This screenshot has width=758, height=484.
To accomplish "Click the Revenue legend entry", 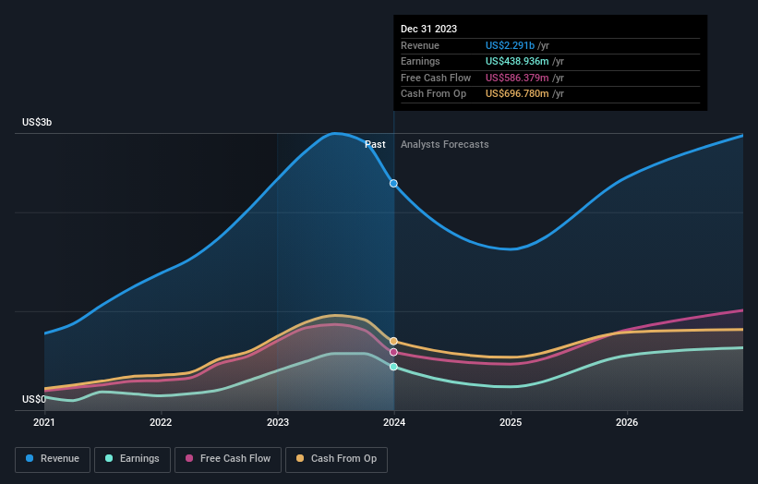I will click(x=54, y=458).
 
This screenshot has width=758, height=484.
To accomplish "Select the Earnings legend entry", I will click(x=132, y=458).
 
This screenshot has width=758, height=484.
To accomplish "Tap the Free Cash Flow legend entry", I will click(x=228, y=458).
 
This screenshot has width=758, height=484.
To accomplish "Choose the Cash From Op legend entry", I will click(x=336, y=458).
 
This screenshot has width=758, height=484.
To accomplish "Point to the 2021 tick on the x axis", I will click(x=44, y=423).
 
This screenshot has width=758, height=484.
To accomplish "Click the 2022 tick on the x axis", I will click(x=161, y=423).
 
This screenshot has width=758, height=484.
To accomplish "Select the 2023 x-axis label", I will click(x=277, y=423).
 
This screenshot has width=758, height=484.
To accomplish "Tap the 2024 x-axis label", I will click(x=394, y=423).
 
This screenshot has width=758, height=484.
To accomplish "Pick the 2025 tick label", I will click(x=511, y=423).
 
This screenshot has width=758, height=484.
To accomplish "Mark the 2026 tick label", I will click(x=627, y=423).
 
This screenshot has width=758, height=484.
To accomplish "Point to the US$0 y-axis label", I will click(x=36, y=399).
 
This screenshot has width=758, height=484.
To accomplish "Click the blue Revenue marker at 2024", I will click(x=394, y=183).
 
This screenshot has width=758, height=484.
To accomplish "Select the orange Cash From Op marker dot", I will click(x=394, y=342).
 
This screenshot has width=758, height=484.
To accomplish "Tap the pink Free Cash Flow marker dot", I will click(x=394, y=352).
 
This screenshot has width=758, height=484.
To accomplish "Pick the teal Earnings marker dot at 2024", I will click(x=394, y=367).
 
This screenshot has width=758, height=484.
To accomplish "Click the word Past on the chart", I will click(x=375, y=144).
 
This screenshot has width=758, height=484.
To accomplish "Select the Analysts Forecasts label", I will click(x=445, y=144).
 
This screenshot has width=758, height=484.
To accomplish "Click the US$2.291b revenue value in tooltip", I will click(x=517, y=46).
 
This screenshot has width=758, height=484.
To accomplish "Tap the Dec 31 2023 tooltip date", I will click(x=428, y=30).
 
